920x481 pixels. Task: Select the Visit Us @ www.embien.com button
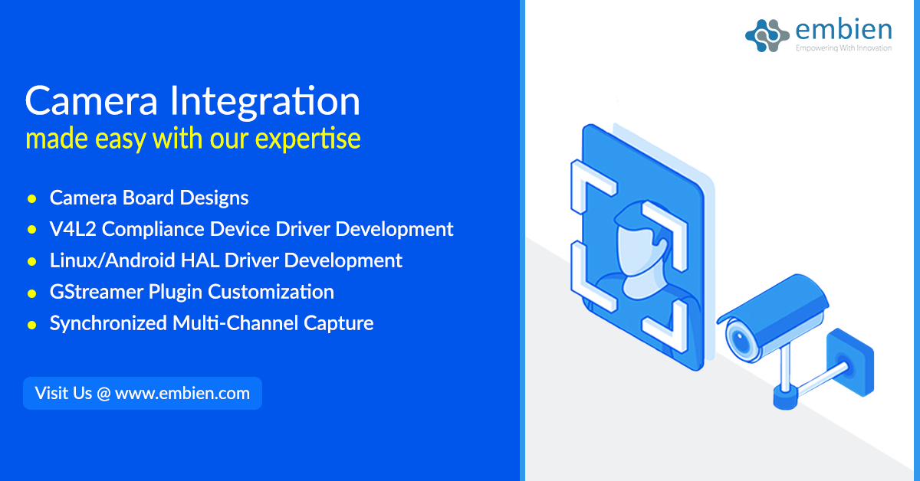143,393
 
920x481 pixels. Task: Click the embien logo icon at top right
767,32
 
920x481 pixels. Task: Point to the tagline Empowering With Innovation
843,48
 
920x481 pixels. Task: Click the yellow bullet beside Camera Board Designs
32,198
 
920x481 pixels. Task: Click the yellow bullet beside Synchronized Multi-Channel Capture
32,324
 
